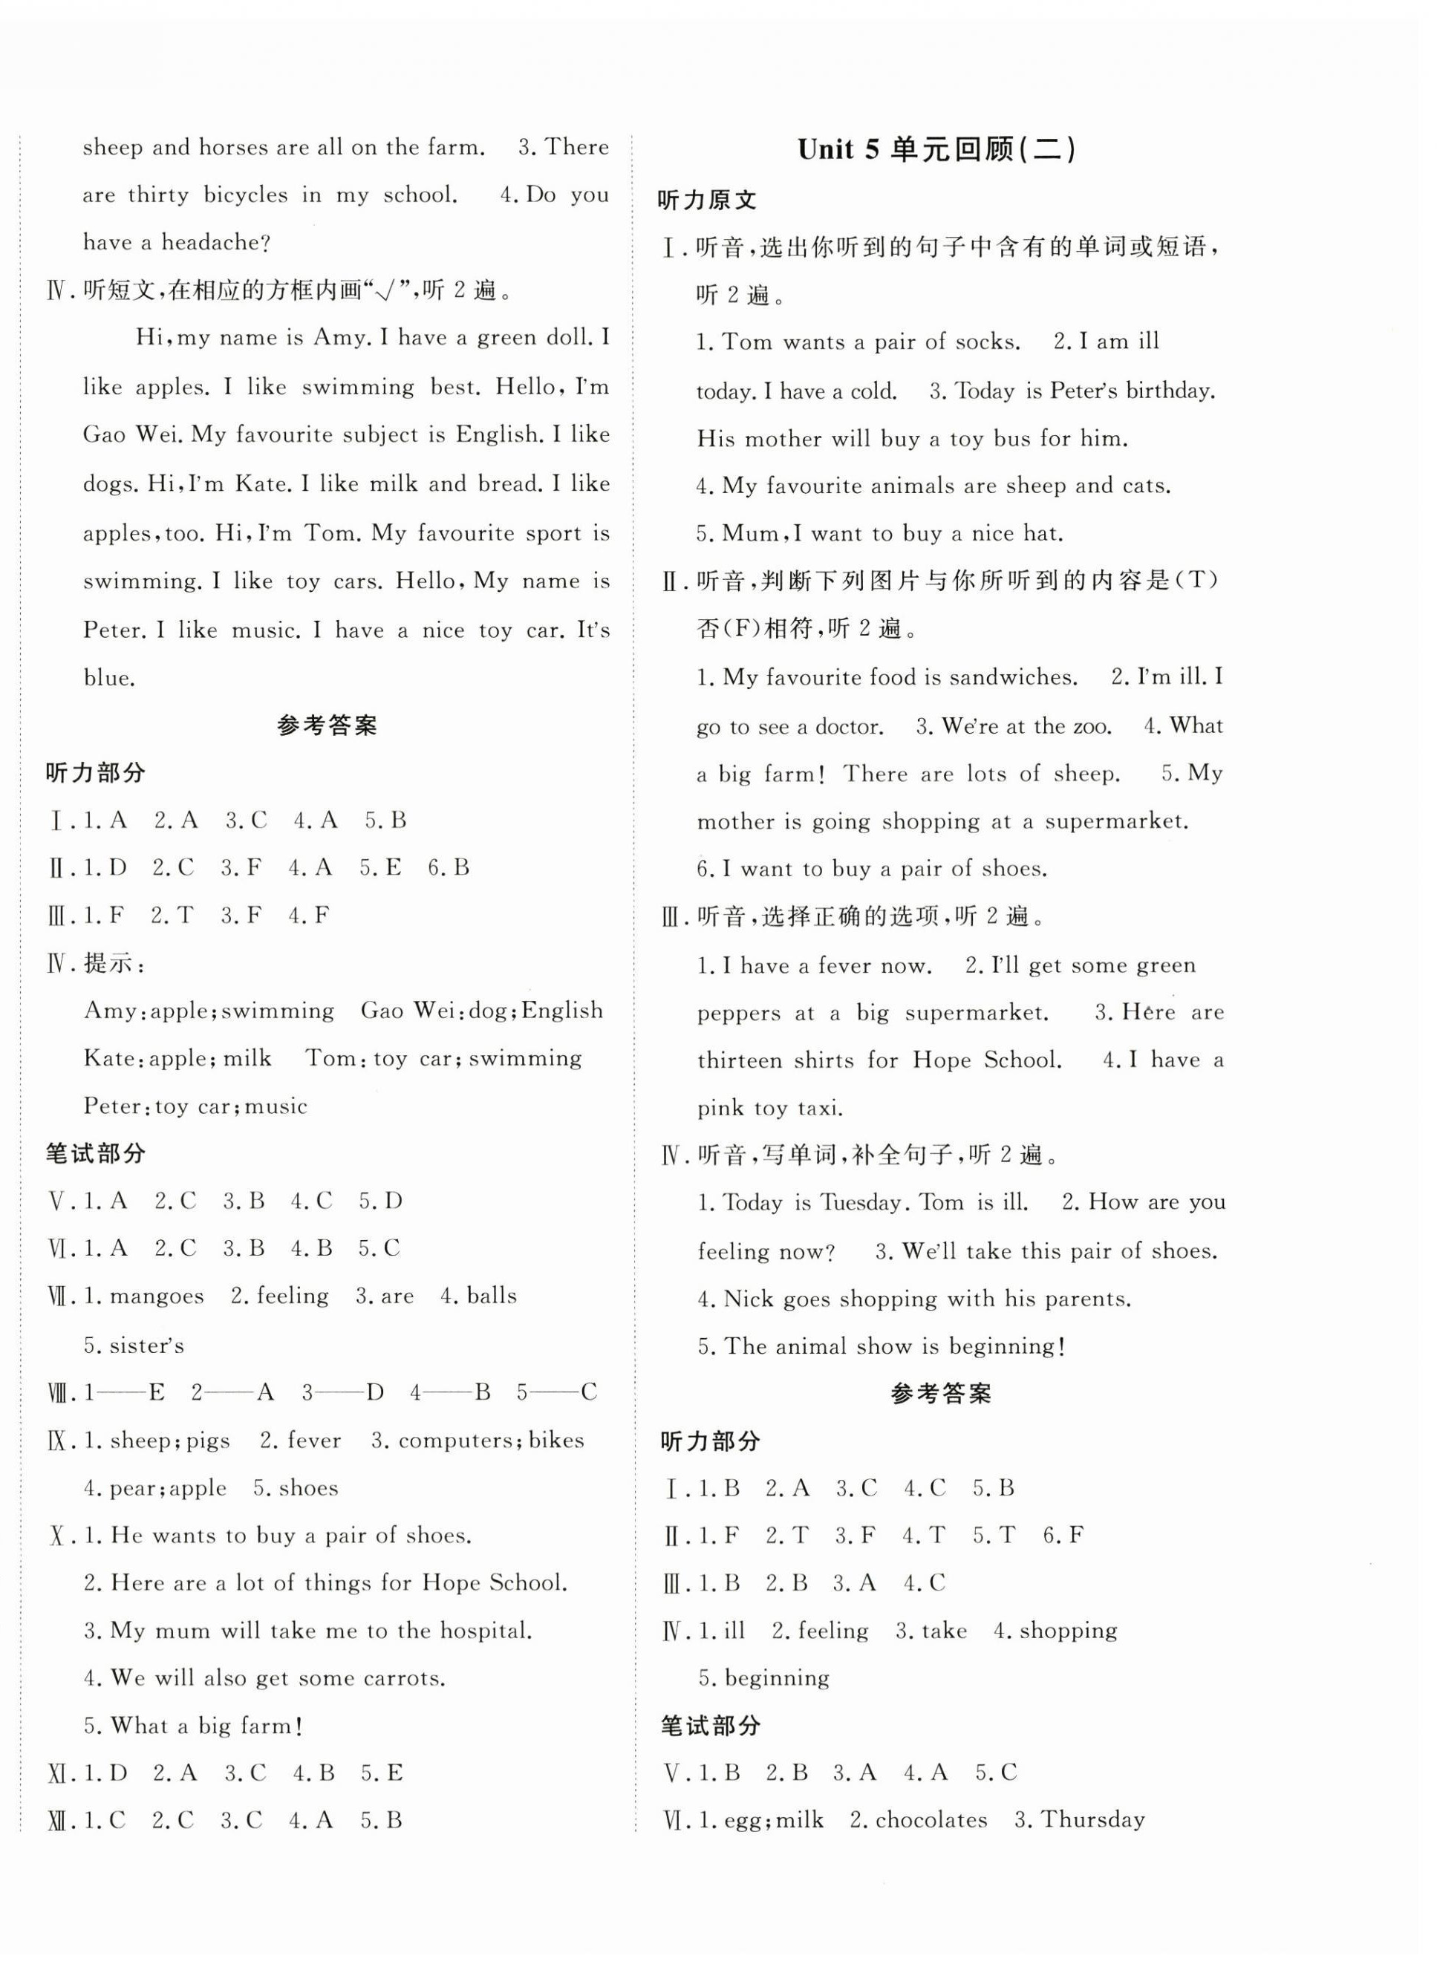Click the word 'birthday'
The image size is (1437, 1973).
click(x=1169, y=391)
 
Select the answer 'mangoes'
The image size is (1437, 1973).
click(x=157, y=1297)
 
